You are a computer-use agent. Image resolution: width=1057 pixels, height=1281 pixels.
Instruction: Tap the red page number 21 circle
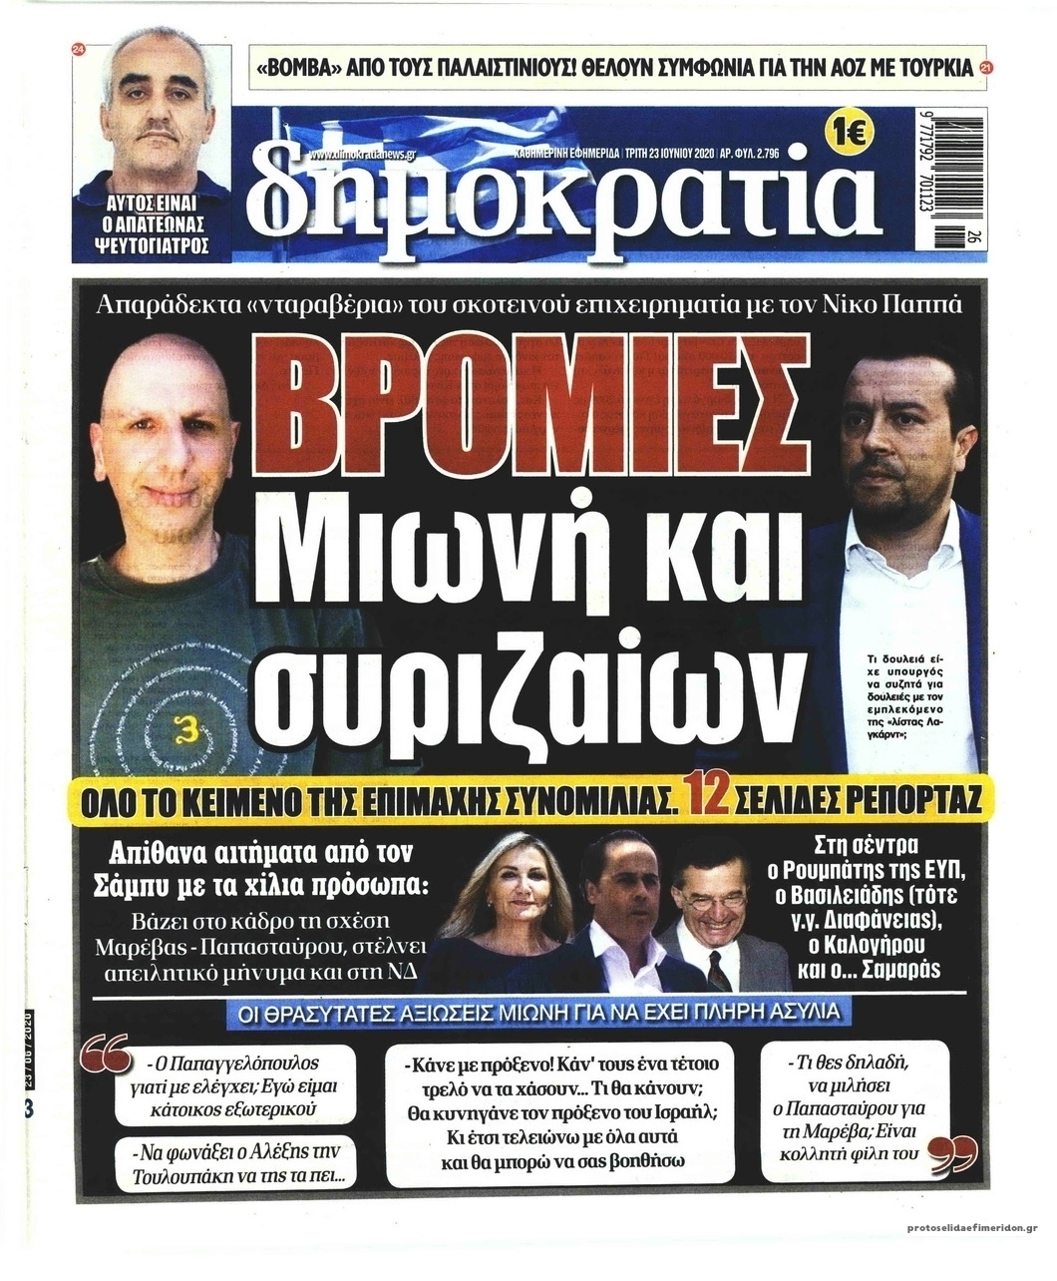(x=986, y=69)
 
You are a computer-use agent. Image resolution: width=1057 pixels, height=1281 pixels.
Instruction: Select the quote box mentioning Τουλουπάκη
(x=236, y=1164)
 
